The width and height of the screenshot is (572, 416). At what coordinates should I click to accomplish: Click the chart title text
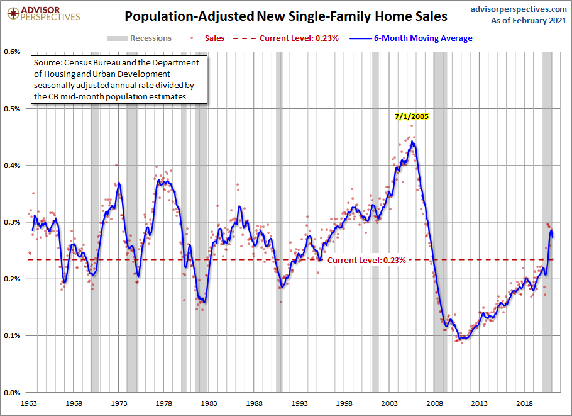click(285, 16)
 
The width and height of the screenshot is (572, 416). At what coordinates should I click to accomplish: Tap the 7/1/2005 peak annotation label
click(412, 116)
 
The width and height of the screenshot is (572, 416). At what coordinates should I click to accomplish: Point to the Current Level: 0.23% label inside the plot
click(366, 260)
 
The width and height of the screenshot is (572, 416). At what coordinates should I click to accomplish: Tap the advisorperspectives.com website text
click(519, 9)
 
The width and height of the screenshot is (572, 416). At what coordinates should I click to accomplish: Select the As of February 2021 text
click(529, 21)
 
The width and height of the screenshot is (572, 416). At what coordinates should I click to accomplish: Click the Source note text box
click(119, 80)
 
